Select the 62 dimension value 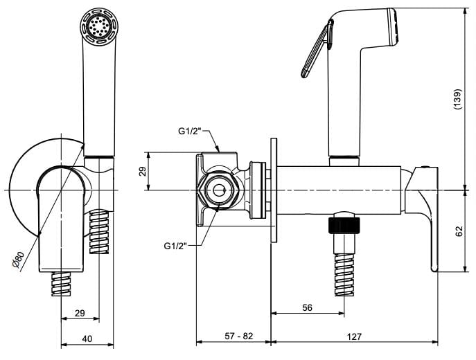coord(458,232)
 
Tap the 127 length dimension coord(354,336)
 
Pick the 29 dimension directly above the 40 coord(80,314)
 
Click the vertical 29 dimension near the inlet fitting coord(143,171)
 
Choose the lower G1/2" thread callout coord(177,245)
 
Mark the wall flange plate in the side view coord(274,190)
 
